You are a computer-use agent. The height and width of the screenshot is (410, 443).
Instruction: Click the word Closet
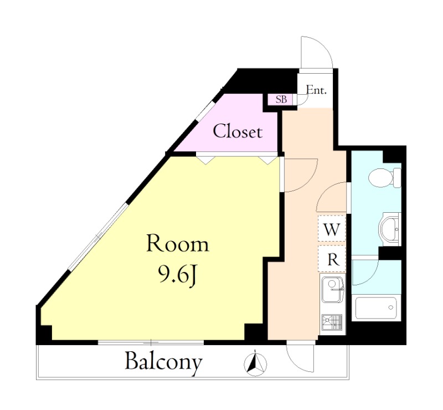[x=238, y=131]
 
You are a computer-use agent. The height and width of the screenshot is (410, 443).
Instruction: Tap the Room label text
[x=178, y=244]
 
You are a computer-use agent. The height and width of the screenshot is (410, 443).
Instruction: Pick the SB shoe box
[x=281, y=99]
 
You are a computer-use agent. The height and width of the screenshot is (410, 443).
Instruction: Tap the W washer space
[x=331, y=228]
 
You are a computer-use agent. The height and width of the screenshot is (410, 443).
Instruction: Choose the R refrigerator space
[x=332, y=259]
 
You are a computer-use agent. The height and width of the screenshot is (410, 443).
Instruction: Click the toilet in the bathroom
[x=384, y=178]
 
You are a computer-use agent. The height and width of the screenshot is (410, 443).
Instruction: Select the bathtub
[x=376, y=307]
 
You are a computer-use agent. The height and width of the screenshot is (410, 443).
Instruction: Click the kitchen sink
[x=332, y=290]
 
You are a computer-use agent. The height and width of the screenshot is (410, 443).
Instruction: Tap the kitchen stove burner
[x=331, y=322]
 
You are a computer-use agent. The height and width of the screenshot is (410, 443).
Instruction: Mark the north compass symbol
[x=255, y=363]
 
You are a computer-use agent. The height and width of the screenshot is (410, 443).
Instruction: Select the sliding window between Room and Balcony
[x=151, y=342]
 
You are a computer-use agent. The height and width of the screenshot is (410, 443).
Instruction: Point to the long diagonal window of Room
[x=98, y=236]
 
